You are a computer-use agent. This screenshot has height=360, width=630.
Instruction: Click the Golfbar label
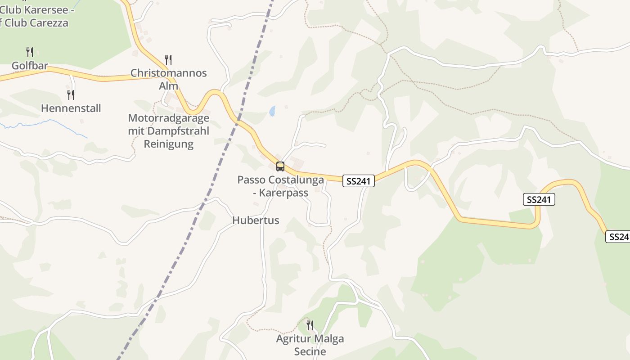pos(30,66)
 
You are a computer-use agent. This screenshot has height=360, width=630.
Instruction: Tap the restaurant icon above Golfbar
pos(30,52)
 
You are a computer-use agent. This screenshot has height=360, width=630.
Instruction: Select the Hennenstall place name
pos(71,108)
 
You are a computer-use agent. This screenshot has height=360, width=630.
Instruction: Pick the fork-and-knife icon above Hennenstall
pos(71,94)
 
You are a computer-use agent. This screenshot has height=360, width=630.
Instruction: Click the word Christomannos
pos(168,73)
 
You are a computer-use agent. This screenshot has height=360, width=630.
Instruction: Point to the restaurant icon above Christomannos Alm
pos(168,59)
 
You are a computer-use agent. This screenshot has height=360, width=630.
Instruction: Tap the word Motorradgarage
pos(168,118)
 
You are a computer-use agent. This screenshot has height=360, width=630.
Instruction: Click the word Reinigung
pos(168,144)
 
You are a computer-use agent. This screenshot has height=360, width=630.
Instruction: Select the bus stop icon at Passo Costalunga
pos(280,166)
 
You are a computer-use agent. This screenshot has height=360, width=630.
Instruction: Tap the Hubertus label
pos(256,220)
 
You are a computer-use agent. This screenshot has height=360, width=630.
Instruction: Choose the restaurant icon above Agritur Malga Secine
pos(310,325)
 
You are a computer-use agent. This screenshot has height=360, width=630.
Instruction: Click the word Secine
pos(310,351)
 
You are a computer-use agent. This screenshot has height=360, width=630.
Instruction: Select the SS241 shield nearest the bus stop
pos(358,181)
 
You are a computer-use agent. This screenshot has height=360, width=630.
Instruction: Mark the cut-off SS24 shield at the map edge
pos(618,236)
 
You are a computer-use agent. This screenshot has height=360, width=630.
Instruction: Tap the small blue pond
pos(272,111)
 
